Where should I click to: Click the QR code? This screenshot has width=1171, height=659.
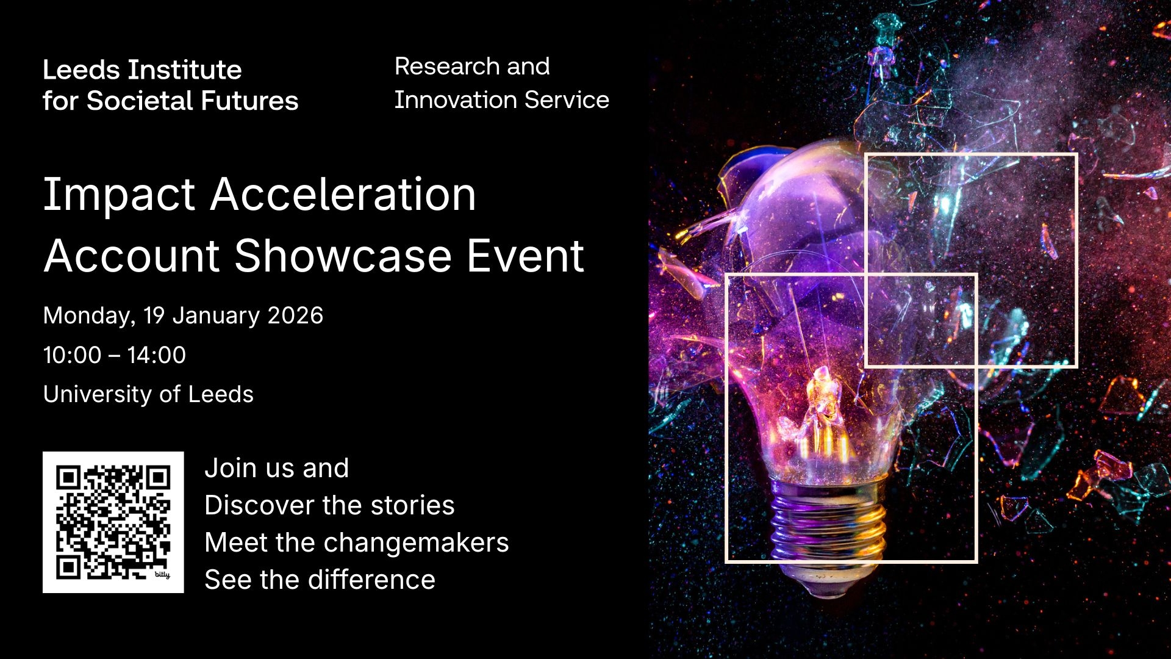click(113, 522)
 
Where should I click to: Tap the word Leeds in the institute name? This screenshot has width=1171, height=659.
click(81, 70)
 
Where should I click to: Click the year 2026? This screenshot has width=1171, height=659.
click(295, 315)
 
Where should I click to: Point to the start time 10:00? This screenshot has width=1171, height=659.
click(72, 355)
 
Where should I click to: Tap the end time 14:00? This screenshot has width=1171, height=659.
click(156, 355)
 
